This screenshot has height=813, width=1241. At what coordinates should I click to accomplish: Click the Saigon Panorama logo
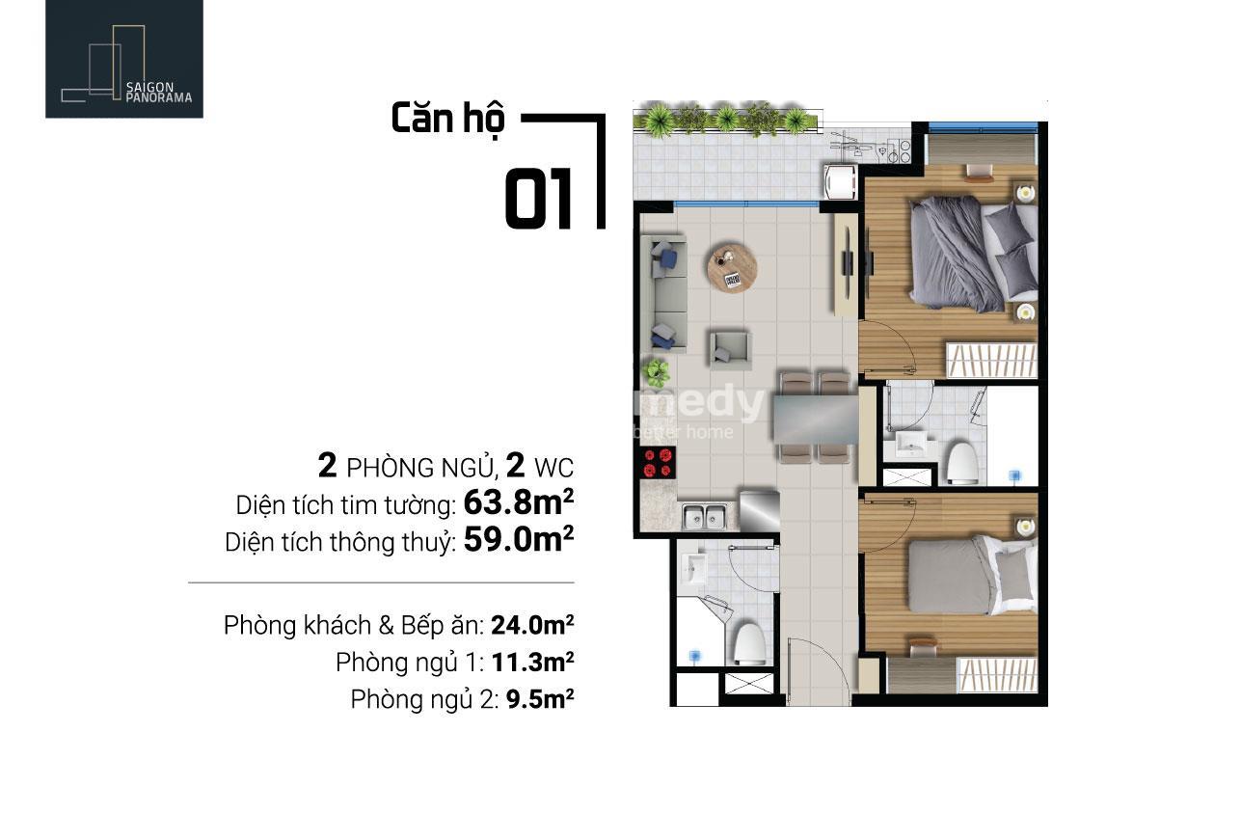point(124,59)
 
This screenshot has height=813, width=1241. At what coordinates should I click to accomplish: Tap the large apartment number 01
point(538,199)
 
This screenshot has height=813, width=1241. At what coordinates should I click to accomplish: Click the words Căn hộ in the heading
point(447,120)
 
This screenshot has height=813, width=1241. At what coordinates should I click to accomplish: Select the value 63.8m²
point(519,502)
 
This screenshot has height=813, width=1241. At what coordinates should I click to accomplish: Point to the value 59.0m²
point(519,539)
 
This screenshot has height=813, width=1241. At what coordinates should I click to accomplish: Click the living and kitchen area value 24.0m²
point(532,626)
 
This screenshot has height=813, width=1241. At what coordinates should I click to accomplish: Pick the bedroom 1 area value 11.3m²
point(532,663)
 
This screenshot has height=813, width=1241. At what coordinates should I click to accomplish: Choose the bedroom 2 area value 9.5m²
point(540,699)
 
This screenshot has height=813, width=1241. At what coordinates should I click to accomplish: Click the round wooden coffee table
point(732,267)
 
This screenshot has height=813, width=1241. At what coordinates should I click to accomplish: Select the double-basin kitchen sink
point(704,516)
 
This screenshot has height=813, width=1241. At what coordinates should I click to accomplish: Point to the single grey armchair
point(729,349)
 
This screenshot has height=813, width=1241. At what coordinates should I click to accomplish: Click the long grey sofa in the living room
point(664,293)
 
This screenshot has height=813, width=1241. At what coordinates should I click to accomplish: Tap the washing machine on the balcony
point(839,180)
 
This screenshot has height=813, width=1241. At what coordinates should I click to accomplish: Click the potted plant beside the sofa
point(656,372)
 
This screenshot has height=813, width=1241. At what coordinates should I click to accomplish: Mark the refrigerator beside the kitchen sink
point(759,510)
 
